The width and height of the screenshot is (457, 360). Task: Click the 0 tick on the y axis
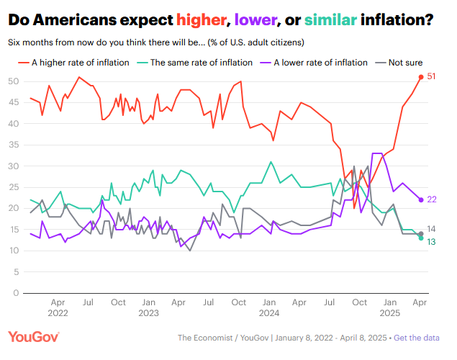coord(16,293)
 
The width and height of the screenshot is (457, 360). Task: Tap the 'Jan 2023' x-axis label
coord(148,308)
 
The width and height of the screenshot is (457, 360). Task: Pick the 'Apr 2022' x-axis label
coord(58,308)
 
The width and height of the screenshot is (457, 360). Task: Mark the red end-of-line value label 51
coord(433,77)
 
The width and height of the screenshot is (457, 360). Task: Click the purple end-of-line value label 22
coord(433,199)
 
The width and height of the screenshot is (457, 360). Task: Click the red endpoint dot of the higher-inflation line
coord(421,77)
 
